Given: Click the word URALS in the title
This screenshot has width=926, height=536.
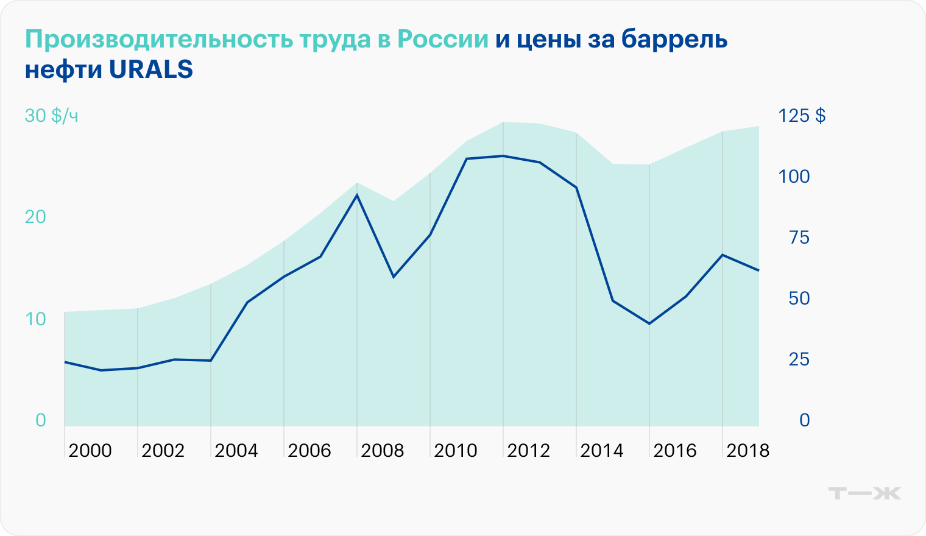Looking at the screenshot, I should click(151, 70).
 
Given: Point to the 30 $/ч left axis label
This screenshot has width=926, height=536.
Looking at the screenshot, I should click(51, 115).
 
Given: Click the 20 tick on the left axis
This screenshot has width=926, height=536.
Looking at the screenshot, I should click(35, 217).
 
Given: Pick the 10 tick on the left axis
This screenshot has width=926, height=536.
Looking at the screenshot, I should click(35, 319).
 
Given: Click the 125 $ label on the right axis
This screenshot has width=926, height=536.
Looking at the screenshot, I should click(802, 115).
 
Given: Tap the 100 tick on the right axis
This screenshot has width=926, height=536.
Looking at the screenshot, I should click(794, 177).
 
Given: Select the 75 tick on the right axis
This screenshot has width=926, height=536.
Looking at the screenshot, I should click(799, 238).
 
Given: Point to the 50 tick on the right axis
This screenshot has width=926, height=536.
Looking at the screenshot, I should click(799, 298).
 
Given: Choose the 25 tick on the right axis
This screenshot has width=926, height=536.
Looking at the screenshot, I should click(799, 359).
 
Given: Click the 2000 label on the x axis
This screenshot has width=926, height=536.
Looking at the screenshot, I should click(90, 451).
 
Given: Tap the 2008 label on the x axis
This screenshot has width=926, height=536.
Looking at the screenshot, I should click(383, 451).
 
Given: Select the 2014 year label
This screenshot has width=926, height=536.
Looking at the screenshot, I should click(602, 451).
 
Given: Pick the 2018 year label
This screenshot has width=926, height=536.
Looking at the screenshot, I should click(748, 451).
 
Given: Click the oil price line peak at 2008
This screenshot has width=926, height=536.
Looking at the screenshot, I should click(357, 195).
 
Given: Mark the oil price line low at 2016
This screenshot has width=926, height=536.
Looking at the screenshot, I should click(649, 323).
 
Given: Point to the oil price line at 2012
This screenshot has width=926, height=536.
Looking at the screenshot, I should click(503, 156).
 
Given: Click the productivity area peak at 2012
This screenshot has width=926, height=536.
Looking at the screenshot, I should click(503, 122).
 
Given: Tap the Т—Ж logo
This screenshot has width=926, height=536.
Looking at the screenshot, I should click(865, 493).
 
